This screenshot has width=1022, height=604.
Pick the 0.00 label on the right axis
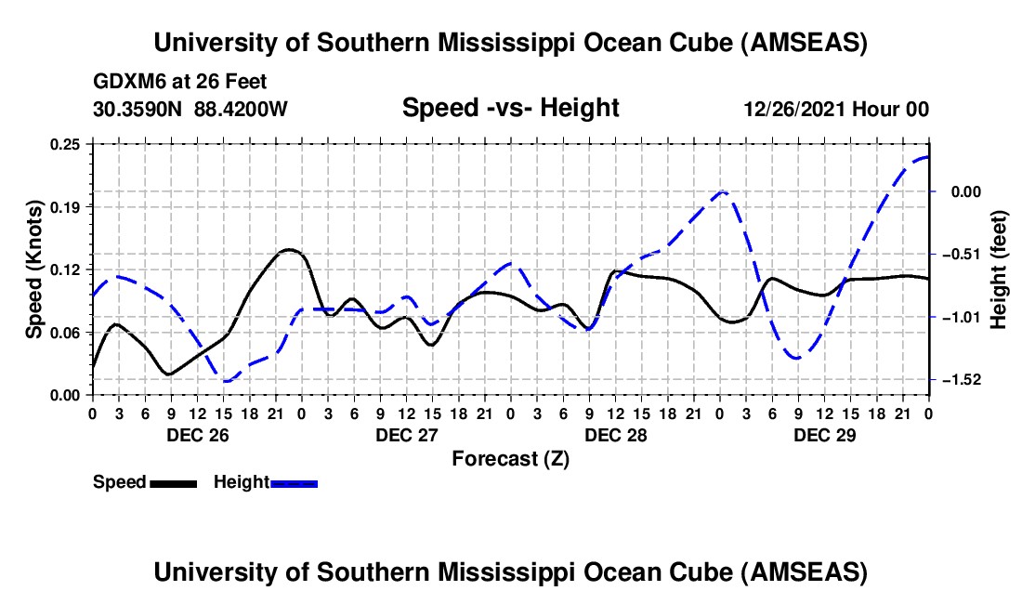960,191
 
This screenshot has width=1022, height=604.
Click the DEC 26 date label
196,434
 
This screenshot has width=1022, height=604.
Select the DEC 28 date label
615,434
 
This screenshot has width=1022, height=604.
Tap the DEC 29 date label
824,434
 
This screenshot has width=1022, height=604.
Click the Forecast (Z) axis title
510,458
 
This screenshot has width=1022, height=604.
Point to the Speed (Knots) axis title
34,269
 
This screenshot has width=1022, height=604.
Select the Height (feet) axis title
998,269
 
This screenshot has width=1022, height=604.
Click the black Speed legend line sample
173,483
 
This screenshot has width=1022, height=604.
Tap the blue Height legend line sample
295,483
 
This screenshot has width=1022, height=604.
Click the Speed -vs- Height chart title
510,108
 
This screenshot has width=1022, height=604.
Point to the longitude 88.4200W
242,109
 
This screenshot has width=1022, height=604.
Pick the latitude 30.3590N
139,109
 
